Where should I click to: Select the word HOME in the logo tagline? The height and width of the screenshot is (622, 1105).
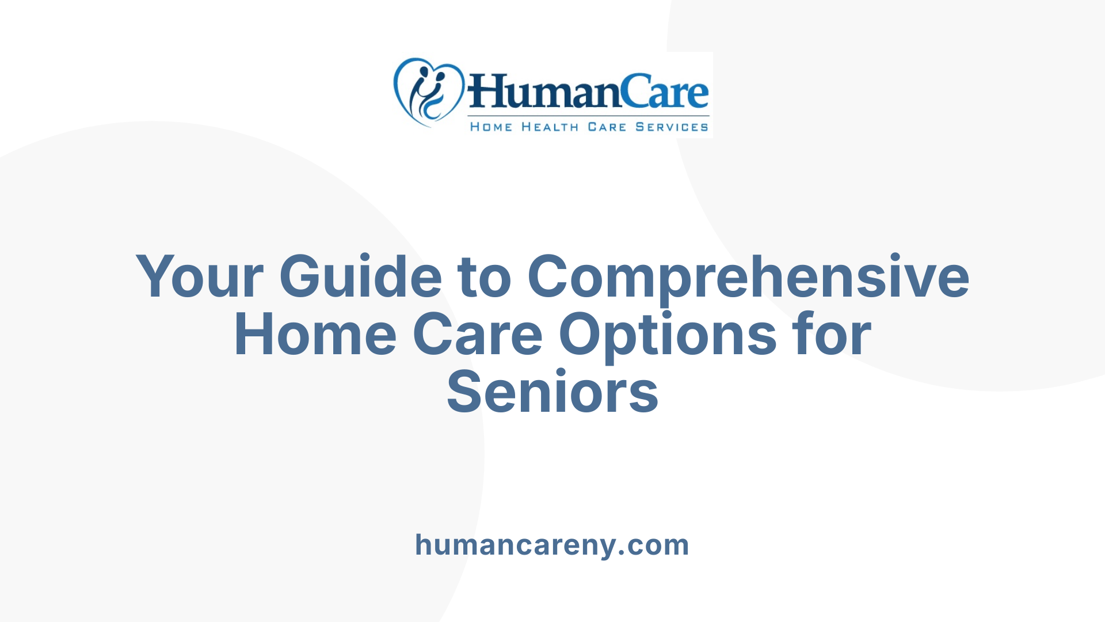click(x=491, y=127)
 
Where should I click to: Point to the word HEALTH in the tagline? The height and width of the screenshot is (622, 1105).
click(x=550, y=127)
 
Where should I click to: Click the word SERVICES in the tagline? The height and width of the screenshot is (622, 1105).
click(x=672, y=127)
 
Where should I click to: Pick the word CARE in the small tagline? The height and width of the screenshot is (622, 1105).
click(x=607, y=127)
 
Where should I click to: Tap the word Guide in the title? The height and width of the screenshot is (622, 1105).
click(x=361, y=277)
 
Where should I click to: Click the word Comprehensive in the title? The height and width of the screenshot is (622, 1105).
click(x=748, y=278)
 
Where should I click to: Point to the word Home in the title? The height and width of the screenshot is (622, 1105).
click(x=315, y=335)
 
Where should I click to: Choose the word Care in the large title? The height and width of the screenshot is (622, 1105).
click(x=478, y=335)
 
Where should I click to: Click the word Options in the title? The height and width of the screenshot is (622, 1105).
click(x=668, y=336)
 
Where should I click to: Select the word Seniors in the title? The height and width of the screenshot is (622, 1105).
click(x=552, y=393)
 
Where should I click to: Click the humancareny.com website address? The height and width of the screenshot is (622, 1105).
click(x=552, y=545)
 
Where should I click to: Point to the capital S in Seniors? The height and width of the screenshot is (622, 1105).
click(x=464, y=393)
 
